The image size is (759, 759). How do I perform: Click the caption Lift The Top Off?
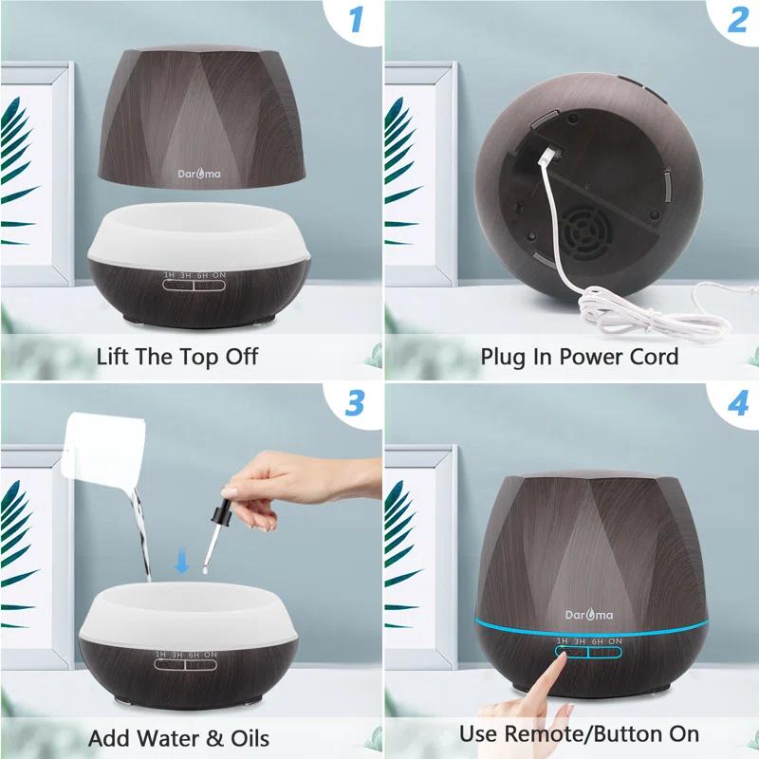[x=177, y=357]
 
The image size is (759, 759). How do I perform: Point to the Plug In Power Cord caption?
[x=580, y=357]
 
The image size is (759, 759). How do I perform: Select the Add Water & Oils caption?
[x=179, y=737]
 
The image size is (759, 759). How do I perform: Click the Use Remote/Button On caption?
[x=580, y=733]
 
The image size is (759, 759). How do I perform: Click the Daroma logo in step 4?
[x=589, y=615]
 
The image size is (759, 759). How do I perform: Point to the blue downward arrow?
[x=181, y=565]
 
